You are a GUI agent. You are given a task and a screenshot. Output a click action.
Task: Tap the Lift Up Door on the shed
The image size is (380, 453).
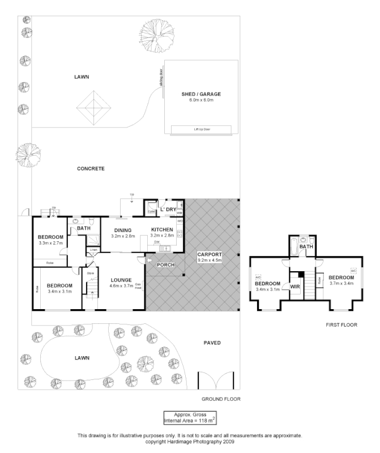(202, 130)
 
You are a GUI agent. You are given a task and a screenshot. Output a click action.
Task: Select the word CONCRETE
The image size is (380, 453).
(91, 169)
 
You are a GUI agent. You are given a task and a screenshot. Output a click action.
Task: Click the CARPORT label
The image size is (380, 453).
(210, 254)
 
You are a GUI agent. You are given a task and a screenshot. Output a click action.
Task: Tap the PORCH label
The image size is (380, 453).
(166, 265)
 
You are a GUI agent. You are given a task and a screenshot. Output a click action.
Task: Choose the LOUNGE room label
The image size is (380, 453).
(121, 280)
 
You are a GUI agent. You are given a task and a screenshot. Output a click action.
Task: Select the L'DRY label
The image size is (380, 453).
(168, 210)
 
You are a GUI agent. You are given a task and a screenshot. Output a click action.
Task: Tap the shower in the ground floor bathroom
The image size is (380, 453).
(90, 240)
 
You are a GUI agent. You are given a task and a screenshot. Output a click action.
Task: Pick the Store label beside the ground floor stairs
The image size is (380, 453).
(89, 273)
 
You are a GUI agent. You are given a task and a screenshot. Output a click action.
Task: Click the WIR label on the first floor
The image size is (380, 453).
(294, 287)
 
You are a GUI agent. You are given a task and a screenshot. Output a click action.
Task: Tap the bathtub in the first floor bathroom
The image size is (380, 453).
(292, 246)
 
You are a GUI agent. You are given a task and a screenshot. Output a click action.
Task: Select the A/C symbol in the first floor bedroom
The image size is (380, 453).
(353, 271)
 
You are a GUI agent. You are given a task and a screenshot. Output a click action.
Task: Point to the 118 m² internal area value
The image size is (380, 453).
(202, 421)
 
